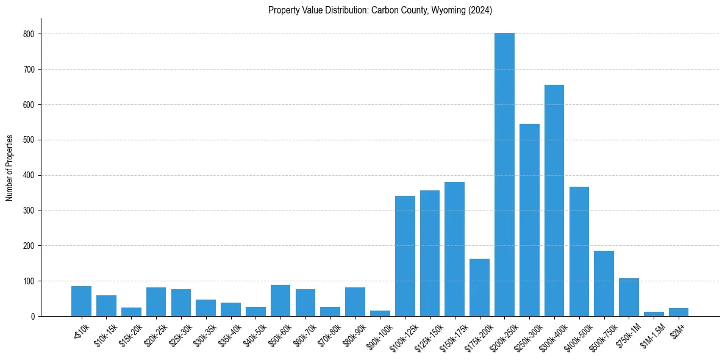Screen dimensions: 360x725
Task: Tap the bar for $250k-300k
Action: point(529,220)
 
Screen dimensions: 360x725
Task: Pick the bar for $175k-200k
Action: point(479,287)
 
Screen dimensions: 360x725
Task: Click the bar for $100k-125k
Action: point(405,256)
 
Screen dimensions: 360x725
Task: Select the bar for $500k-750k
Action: point(604,284)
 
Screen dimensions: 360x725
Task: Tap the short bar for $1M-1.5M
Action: point(654,314)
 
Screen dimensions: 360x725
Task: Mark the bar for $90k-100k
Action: point(380,314)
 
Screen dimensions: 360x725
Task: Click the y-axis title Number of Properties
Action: point(10,168)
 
